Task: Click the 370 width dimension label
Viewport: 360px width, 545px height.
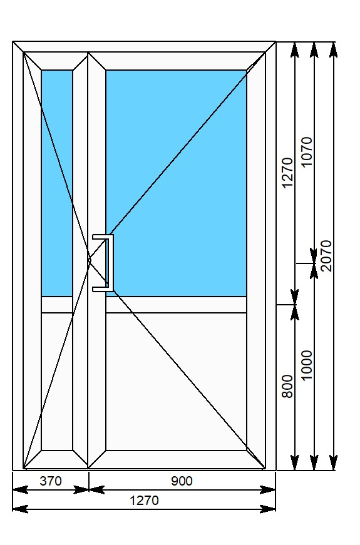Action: pos(51,481)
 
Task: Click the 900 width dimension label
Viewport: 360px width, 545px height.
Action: pos(182,481)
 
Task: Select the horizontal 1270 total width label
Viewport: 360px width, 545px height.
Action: pos(144,501)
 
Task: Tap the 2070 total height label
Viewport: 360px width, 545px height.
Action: pos(326,255)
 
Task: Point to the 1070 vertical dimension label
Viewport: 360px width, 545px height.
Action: pos(306,152)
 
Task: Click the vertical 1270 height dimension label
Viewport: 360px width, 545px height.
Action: pos(287,173)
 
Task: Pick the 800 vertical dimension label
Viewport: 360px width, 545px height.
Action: pos(287,386)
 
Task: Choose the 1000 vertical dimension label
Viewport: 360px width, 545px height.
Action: pos(306,365)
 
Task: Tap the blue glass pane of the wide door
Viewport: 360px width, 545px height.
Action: pos(177,183)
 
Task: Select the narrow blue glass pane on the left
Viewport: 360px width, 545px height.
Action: pos(57,183)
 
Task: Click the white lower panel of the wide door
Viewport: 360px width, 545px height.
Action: pos(177,381)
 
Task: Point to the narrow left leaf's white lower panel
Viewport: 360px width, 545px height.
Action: pos(57,381)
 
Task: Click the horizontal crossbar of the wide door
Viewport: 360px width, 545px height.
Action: pos(177,305)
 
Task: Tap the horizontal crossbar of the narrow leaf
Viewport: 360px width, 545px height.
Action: pos(57,305)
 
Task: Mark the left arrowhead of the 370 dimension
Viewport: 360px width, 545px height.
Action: pos(20,490)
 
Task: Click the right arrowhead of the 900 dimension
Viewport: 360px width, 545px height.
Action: pos(268,490)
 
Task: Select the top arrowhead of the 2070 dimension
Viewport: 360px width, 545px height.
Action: pos(333,49)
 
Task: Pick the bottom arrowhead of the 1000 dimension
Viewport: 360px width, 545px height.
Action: pos(314,462)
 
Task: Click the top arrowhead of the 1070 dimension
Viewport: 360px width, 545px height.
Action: pos(314,49)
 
